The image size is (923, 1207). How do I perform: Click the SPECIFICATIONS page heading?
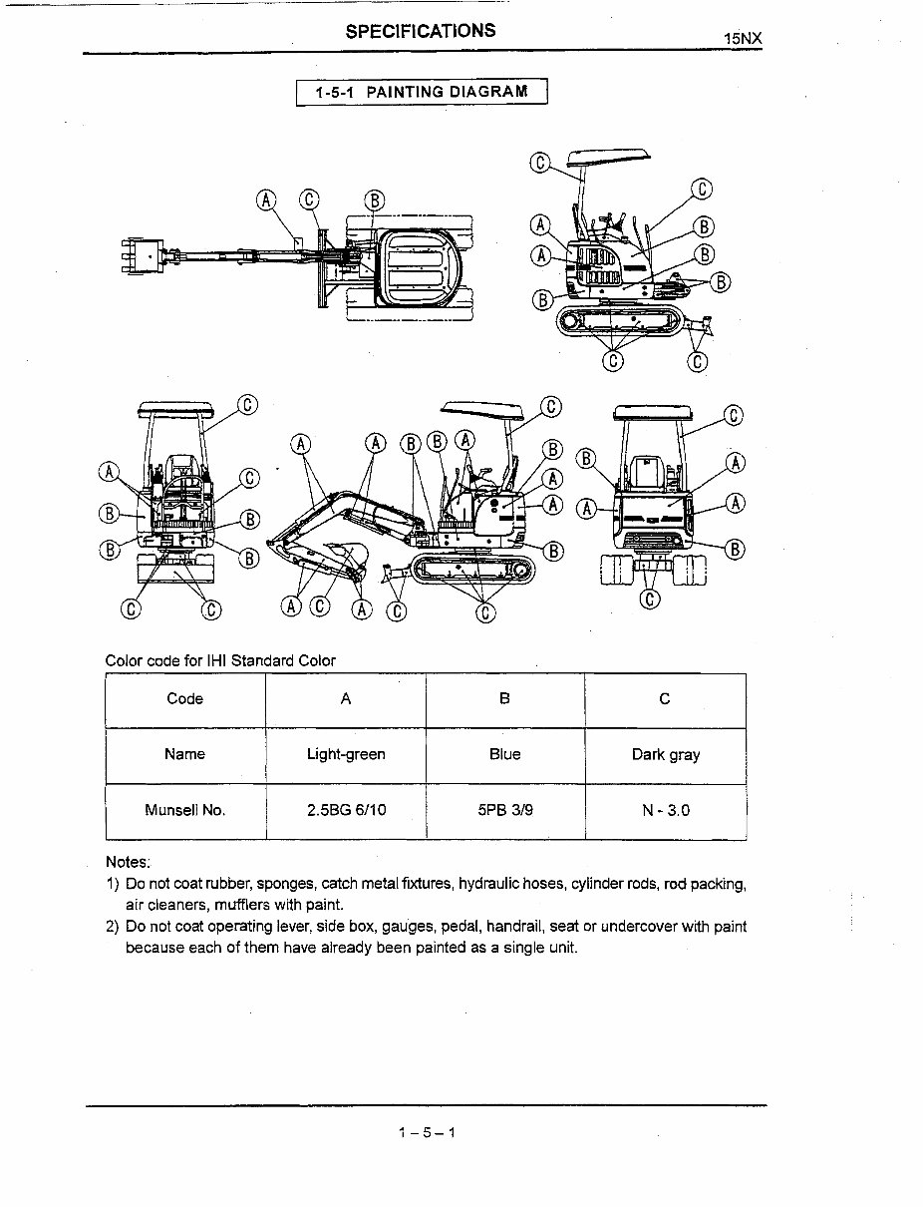[421, 31]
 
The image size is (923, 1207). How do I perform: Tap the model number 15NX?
[743, 39]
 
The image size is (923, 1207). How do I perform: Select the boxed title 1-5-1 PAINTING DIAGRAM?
[422, 93]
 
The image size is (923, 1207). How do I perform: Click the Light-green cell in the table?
[346, 755]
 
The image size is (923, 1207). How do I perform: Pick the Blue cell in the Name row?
[504, 755]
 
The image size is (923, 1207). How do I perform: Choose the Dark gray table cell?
[665, 755]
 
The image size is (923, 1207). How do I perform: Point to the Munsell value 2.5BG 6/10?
[346, 811]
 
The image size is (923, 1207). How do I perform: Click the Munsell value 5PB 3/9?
[504, 811]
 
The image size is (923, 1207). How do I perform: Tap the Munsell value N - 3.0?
[665, 811]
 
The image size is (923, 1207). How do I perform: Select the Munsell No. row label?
[185, 811]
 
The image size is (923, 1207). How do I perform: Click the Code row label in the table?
[185, 699]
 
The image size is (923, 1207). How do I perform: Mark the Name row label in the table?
[185, 755]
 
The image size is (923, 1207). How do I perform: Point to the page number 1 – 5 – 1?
[426, 1132]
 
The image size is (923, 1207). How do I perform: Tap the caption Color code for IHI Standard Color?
[220, 660]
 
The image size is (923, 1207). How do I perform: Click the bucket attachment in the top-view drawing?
[143, 256]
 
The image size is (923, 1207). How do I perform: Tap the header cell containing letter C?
[665, 699]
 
